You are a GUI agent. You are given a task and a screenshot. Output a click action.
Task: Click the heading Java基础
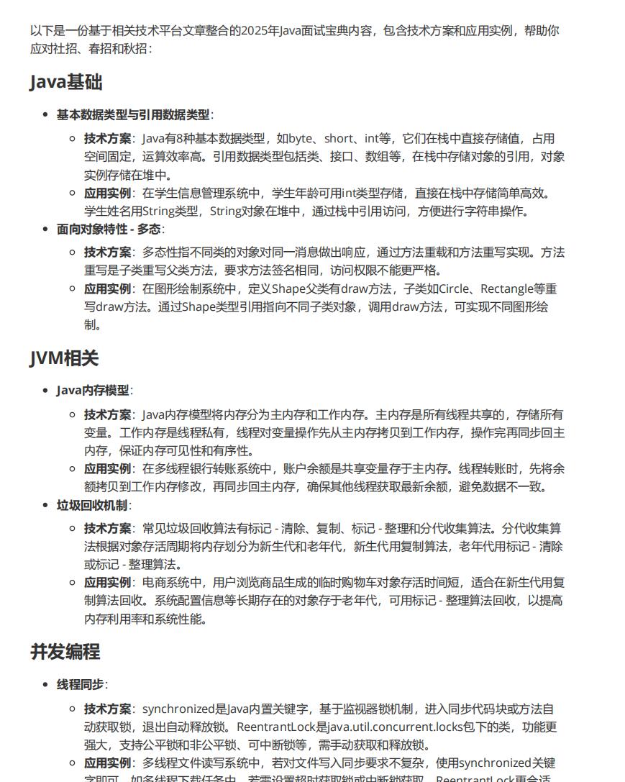coord(66,82)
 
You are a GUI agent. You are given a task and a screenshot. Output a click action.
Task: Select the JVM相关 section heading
coord(64,358)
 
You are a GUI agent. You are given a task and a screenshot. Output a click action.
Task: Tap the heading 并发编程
coord(65,652)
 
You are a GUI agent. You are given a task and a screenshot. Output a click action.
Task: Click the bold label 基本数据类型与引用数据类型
coord(133,115)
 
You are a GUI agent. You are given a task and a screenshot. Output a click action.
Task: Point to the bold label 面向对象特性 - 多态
coord(109,229)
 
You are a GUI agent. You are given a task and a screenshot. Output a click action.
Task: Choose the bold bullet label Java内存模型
coord(93,391)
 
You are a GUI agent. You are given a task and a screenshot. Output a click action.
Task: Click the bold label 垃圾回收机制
coord(92,505)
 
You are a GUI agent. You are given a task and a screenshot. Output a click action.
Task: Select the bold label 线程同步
coord(81,684)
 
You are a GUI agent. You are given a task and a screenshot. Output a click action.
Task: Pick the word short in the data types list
coord(339,139)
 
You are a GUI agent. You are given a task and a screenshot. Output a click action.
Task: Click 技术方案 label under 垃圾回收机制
coord(108,529)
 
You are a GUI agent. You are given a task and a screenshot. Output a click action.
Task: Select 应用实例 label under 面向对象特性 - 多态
coord(108,289)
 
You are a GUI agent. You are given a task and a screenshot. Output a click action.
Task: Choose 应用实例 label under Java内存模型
coord(108,469)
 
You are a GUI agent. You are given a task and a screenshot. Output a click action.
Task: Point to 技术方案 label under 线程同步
coord(108,709)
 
